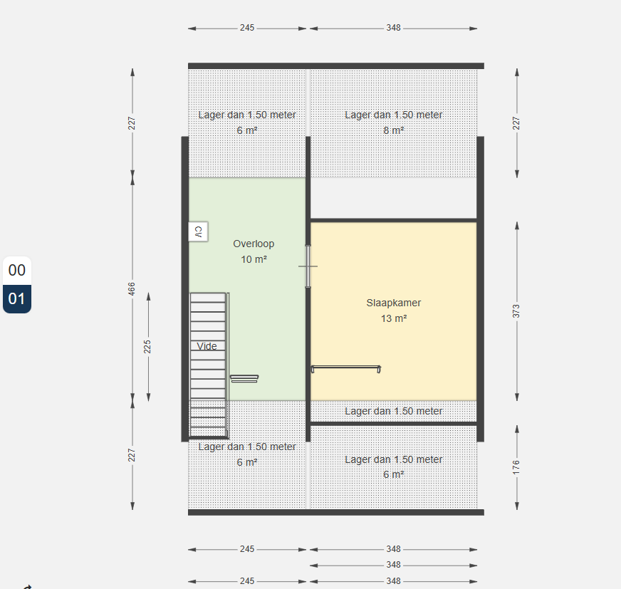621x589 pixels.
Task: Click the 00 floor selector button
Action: point(17,271)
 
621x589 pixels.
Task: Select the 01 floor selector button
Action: point(17,299)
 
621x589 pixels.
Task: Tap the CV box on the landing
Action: point(198,231)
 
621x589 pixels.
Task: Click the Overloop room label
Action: point(254,244)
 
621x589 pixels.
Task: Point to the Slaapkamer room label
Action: point(394,303)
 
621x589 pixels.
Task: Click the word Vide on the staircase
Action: point(207,346)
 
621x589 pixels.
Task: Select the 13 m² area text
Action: point(394,318)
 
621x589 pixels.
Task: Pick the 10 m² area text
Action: point(254,259)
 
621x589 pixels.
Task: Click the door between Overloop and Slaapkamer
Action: point(308,266)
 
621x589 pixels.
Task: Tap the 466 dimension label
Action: point(132,288)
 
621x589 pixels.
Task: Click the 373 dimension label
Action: point(516,311)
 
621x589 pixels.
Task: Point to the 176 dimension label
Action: point(516,467)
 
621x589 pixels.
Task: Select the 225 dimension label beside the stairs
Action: point(147,347)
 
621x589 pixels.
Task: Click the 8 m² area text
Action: point(394,130)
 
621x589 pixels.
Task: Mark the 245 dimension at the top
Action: point(247,28)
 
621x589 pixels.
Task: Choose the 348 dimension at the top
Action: point(394,28)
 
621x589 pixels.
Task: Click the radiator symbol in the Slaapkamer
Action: point(346,369)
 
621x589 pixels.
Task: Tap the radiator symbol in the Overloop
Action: point(244,379)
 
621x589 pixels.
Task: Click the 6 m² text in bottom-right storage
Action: point(394,474)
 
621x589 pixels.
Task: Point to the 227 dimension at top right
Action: point(516,123)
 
